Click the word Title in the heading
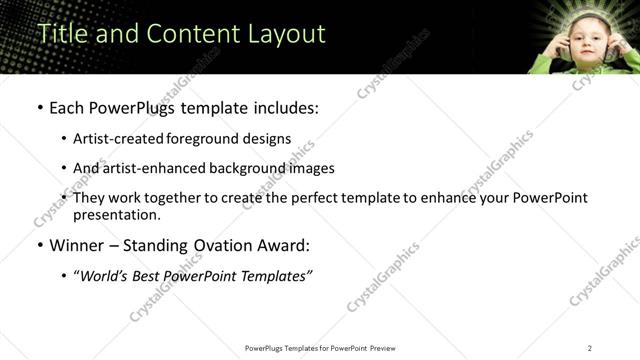[61, 33]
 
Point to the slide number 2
[590, 347]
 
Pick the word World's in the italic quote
[104, 276]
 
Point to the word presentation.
[116, 215]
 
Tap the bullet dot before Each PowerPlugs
[39, 106]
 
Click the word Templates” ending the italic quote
[279, 276]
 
